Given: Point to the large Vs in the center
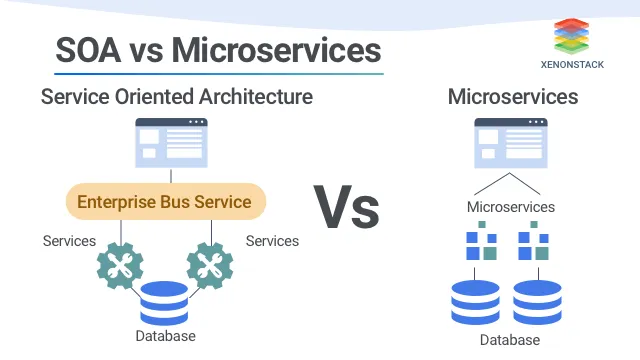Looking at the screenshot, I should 347,208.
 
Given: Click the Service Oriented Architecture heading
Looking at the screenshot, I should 177,97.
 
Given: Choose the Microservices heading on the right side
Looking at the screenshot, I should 513,97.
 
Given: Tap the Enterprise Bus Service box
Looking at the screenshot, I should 165,202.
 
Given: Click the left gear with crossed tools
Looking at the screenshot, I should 121,265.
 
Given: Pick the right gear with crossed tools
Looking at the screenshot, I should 210,265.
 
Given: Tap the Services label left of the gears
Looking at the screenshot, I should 69,241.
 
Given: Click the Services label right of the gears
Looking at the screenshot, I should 272,241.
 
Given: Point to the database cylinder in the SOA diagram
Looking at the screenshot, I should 165,304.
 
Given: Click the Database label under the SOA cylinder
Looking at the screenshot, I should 165,336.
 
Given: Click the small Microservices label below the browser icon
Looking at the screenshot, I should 511,207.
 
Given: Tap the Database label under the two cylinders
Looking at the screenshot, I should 509,340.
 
